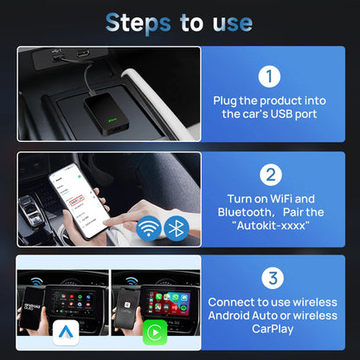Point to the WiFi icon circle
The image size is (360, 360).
(x=148, y=228)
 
